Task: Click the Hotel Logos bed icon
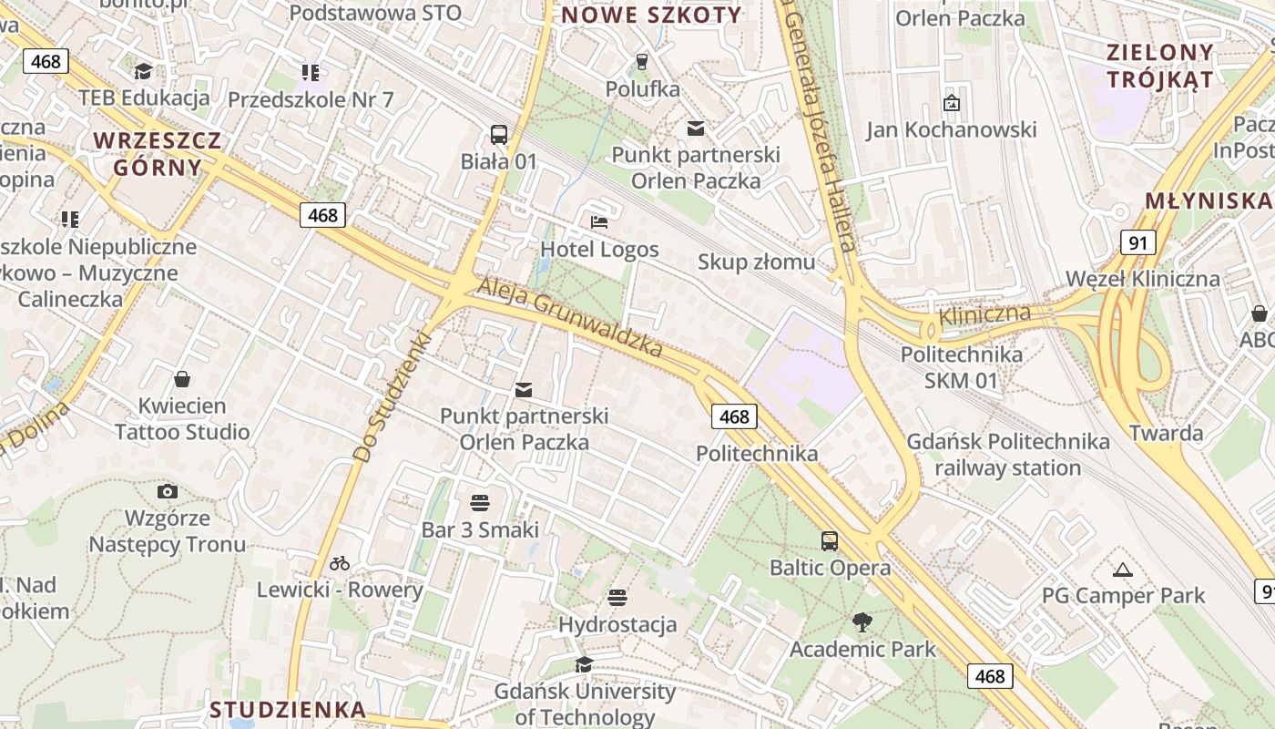(599, 221)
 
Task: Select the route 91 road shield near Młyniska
(1137, 242)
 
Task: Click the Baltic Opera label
(831, 568)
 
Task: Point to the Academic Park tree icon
(862, 623)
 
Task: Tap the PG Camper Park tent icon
(1123, 570)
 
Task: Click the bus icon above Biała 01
(499, 135)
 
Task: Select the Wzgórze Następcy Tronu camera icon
(167, 492)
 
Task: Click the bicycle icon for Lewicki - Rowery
(340, 563)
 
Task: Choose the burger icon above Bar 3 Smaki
(480, 503)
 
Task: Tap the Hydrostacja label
(617, 624)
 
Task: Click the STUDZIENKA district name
(288, 709)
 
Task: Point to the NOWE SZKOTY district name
(651, 15)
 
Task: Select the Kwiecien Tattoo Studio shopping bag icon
(182, 379)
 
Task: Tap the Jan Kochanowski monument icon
(952, 103)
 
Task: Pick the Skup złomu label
(756, 262)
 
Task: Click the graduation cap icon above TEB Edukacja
(143, 71)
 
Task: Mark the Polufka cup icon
(642, 62)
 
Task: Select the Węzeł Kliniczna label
(1142, 279)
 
